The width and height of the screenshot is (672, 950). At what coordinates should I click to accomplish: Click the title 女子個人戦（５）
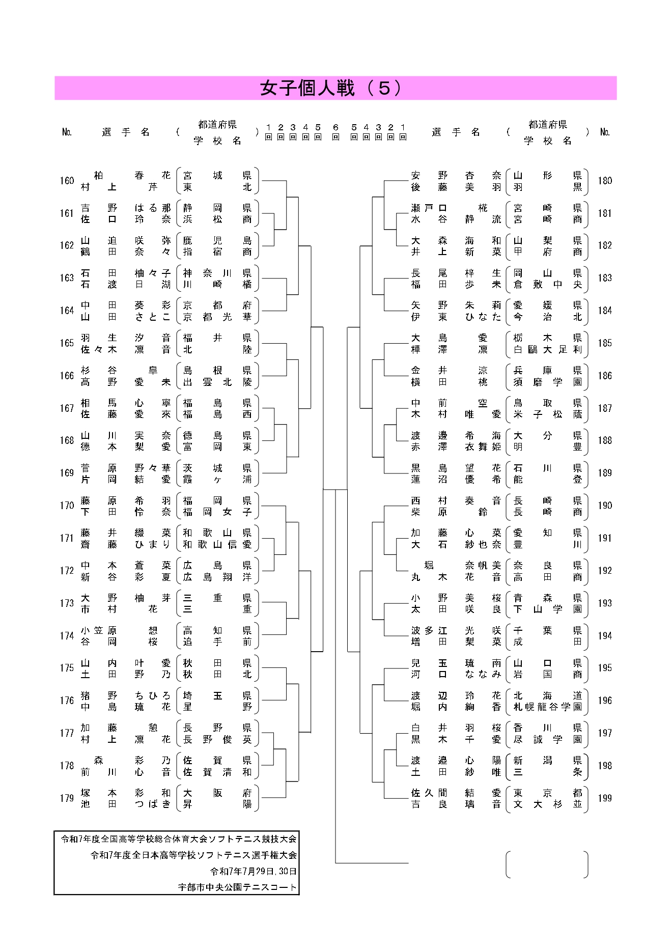point(331,88)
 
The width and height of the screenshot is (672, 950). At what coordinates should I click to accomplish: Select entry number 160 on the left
point(67,181)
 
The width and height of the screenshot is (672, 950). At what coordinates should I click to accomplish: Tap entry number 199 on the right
point(605,798)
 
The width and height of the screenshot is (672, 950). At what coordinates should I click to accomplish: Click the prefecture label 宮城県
point(217,176)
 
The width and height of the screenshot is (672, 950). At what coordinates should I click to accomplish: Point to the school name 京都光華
point(217,317)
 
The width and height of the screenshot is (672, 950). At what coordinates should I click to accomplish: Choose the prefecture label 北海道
point(547,695)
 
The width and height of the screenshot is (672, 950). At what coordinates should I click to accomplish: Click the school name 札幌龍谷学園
point(547,707)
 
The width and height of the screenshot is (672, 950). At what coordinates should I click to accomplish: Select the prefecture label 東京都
point(547,793)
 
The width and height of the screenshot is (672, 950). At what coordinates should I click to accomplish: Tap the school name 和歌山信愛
point(217,544)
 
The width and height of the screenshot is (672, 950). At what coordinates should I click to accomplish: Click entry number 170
point(67,506)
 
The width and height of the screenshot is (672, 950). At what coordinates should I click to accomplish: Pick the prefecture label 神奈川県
point(217,273)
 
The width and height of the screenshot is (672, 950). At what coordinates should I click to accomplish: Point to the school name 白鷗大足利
point(547,349)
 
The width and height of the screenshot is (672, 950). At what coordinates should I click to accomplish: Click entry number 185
point(605,343)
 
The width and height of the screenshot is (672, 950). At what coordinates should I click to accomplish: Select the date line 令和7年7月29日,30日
point(254,871)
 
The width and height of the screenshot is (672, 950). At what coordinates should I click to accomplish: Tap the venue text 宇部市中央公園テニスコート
point(237,887)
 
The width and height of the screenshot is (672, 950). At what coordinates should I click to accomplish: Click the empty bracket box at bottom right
point(547,864)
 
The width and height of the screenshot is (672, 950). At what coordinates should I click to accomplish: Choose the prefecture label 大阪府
point(217,793)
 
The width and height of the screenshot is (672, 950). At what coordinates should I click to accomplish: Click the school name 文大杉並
point(547,804)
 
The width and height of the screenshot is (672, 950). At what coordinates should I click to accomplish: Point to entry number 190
point(605,506)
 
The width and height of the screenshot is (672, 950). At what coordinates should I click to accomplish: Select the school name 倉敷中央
point(547,285)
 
